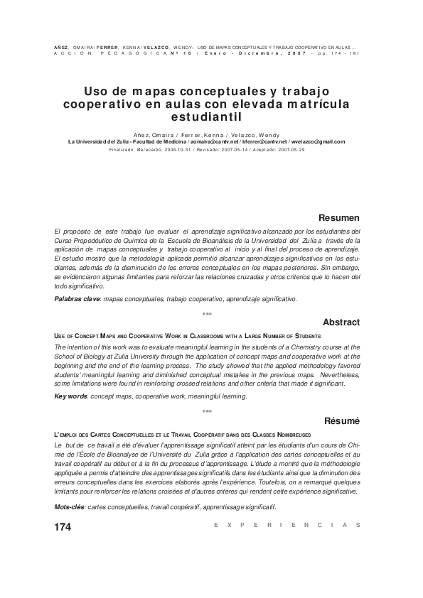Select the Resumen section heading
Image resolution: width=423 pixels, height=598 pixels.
[338, 217]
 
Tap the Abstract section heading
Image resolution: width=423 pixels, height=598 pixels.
[341, 322]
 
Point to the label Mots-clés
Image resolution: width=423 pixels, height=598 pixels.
[71, 507]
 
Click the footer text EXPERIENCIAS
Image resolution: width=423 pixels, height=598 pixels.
[287, 525]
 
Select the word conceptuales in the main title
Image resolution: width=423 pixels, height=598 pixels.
[196, 92]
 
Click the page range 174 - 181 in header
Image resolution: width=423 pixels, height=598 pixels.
[346, 53]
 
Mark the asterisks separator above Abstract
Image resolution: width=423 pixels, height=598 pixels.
[207, 315]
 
